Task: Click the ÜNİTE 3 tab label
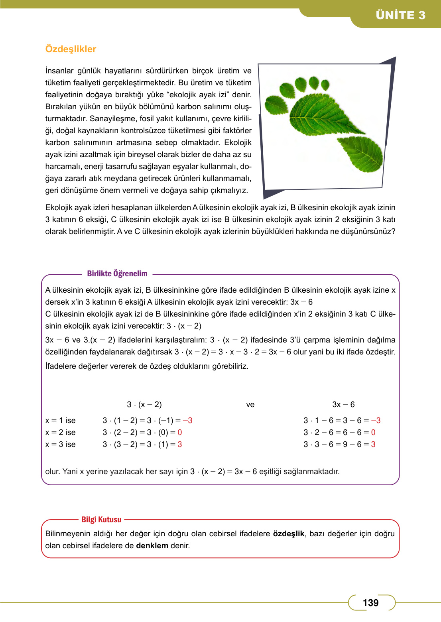(400, 15)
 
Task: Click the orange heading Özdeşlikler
(71, 49)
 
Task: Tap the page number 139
(370, 602)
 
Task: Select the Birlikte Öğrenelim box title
(117, 274)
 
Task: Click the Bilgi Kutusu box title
(101, 520)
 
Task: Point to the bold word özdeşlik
(288, 533)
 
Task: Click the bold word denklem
(152, 545)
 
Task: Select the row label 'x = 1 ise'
(61, 420)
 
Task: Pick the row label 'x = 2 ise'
(61, 432)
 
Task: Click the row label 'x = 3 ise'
(61, 444)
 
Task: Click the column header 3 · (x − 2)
(144, 404)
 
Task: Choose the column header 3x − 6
(343, 404)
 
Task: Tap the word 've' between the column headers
(250, 405)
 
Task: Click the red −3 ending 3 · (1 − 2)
(187, 420)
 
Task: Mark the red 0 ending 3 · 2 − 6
(373, 432)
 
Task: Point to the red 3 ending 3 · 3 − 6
(373, 444)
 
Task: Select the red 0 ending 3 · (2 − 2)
(180, 432)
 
